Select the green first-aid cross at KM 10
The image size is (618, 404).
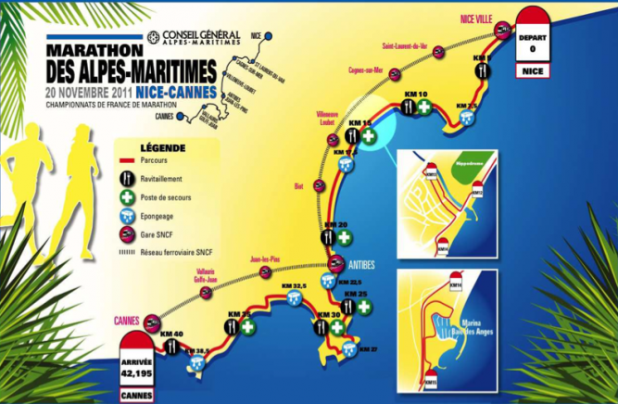tap(424, 107)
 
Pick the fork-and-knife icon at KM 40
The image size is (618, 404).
tap(171, 346)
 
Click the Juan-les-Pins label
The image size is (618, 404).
tap(265, 260)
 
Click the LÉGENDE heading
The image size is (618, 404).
tap(162, 147)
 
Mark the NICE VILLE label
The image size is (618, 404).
tap(479, 18)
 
